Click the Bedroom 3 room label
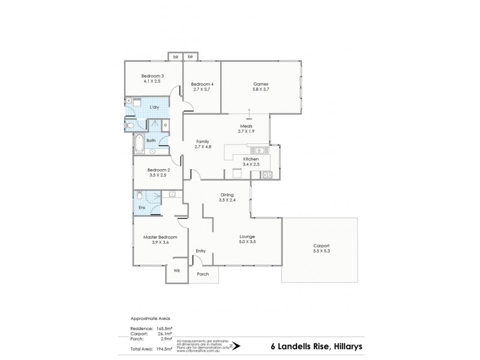(152, 76)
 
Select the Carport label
(321, 246)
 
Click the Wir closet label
(176, 271)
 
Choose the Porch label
(203, 274)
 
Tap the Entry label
(201, 251)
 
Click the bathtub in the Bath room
(139, 143)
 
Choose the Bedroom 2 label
(159, 170)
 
